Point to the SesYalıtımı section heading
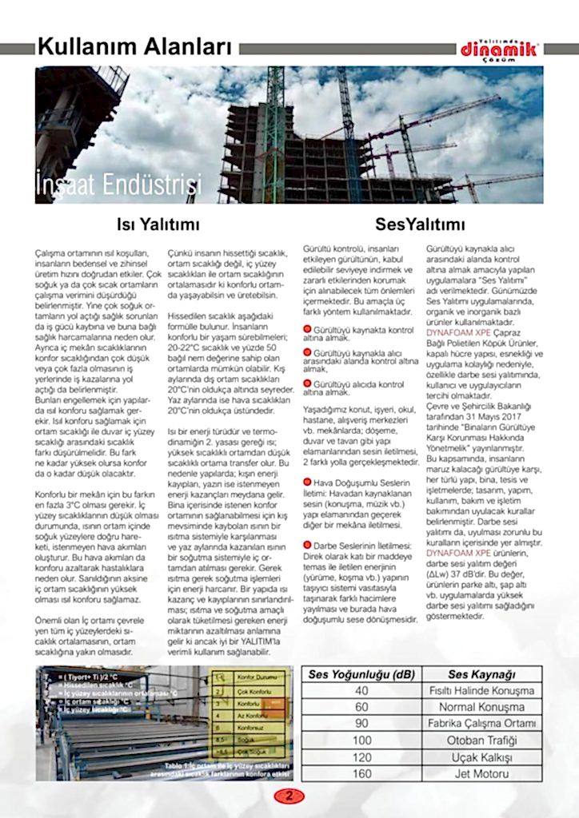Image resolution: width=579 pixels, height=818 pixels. click(420, 224)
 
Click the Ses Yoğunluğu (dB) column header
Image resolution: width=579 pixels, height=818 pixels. click(361, 674)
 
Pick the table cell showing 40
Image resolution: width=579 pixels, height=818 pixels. click(361, 691)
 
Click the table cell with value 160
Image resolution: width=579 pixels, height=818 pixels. click(361, 774)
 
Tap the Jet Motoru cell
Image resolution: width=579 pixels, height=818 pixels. click(481, 774)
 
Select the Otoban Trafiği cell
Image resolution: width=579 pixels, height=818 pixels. click(481, 741)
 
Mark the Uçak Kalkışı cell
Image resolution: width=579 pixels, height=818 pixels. click(481, 757)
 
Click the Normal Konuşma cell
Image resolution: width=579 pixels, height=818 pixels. click(481, 708)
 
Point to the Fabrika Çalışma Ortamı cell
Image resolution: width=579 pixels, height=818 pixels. click(481, 724)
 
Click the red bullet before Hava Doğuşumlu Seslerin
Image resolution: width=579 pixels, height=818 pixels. click(308, 482)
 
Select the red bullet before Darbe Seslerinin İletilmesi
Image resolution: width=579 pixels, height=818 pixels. click(308, 545)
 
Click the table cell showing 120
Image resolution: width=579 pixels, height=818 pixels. click(361, 757)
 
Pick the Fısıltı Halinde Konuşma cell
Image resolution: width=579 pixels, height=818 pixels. click(481, 691)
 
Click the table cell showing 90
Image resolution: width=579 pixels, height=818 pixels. click(361, 724)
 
